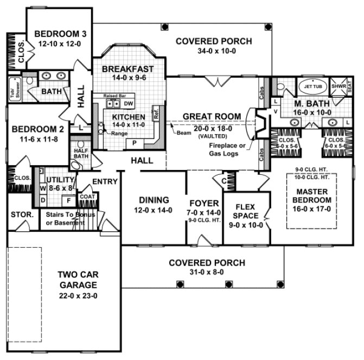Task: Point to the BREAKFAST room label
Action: [x=127, y=70]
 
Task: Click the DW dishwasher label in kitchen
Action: [x=128, y=103]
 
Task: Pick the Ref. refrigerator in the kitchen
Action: [x=155, y=116]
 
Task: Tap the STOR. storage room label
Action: [x=22, y=214]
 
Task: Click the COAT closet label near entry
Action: [x=87, y=198]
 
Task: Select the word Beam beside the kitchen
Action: [x=182, y=132]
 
